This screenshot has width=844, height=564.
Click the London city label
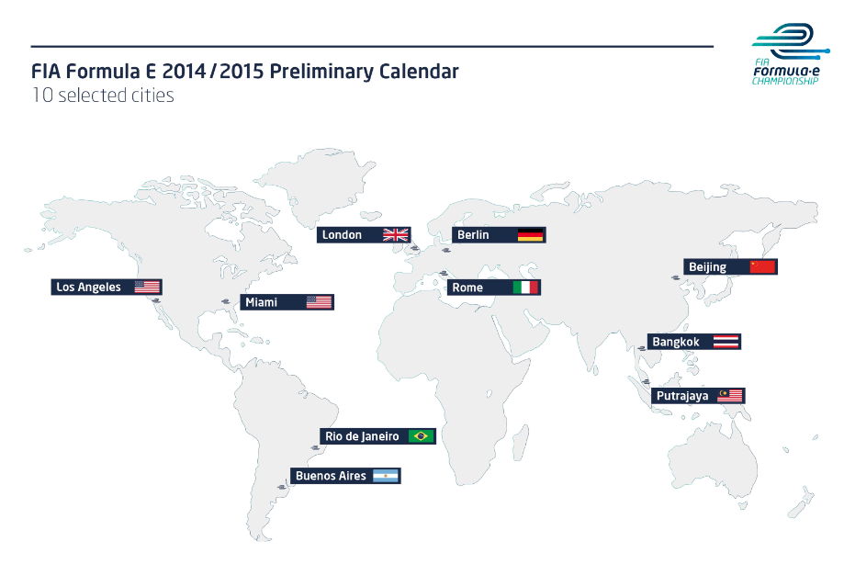(x=342, y=234)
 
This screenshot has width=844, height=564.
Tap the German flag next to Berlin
(x=530, y=235)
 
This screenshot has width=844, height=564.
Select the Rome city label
(x=467, y=288)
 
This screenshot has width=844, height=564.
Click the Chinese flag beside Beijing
(x=762, y=267)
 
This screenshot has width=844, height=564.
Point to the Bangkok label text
(x=676, y=342)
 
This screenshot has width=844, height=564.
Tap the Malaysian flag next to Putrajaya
(x=730, y=396)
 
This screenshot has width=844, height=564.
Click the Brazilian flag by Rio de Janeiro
(x=421, y=436)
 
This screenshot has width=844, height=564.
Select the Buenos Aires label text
(x=331, y=476)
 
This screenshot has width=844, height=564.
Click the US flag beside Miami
(x=320, y=302)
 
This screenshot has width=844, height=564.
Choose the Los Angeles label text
(x=88, y=287)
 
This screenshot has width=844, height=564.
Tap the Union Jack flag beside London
(x=396, y=235)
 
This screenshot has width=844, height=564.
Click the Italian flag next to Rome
(x=525, y=288)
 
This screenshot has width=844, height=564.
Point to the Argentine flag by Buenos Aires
(x=386, y=476)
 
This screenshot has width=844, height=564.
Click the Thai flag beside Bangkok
(x=726, y=342)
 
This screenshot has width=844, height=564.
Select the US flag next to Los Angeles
(x=147, y=287)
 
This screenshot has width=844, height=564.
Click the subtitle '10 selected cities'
(x=103, y=96)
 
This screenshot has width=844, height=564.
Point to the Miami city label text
(x=261, y=302)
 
